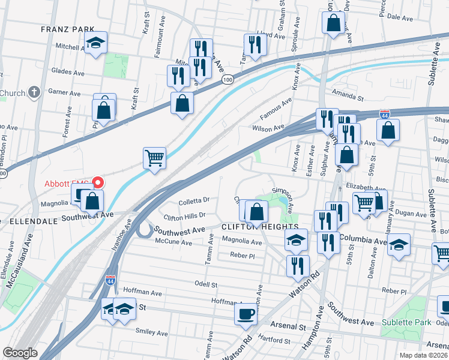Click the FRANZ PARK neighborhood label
[68, 29]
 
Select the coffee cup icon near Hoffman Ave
[246, 314]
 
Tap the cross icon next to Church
[35, 92]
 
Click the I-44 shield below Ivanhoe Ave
[110, 280]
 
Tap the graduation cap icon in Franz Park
[95, 43]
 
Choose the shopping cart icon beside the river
[154, 158]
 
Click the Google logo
[20, 353]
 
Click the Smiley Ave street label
[152, 332]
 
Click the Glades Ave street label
[67, 70]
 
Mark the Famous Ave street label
[275, 109]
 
